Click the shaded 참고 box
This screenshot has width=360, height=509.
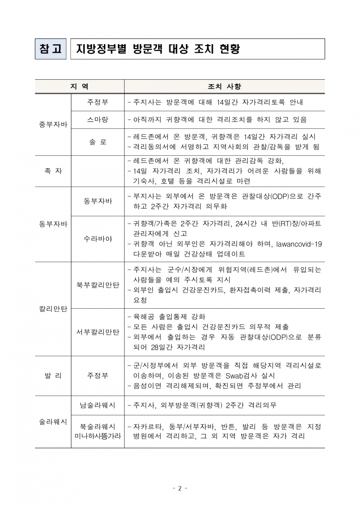50,49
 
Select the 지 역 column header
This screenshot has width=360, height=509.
79,86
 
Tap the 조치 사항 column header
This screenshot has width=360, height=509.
224,86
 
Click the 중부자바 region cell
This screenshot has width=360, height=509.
53,124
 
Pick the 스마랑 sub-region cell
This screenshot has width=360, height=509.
98,120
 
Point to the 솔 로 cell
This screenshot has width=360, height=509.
98,142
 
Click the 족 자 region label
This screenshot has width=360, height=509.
53,171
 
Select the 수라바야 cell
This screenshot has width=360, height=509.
98,239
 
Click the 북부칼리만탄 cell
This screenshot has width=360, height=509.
98,285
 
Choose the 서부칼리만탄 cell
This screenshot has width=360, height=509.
98,332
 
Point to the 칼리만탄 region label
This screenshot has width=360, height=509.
53,309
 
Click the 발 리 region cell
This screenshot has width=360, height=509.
53,375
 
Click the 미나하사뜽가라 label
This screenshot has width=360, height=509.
98,436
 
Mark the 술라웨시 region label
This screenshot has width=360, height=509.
53,422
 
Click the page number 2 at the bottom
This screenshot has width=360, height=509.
180,488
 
